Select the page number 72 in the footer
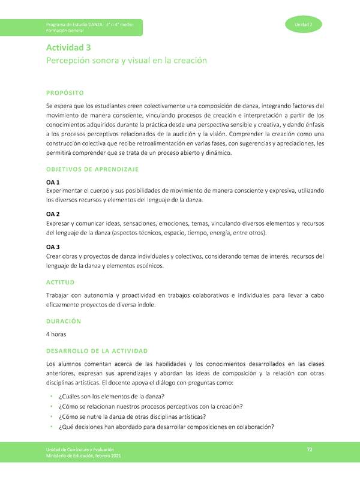click(310, 449)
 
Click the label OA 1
click(53, 181)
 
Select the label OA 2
click(53, 214)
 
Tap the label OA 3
click(53, 246)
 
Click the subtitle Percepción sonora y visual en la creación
click(127, 61)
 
